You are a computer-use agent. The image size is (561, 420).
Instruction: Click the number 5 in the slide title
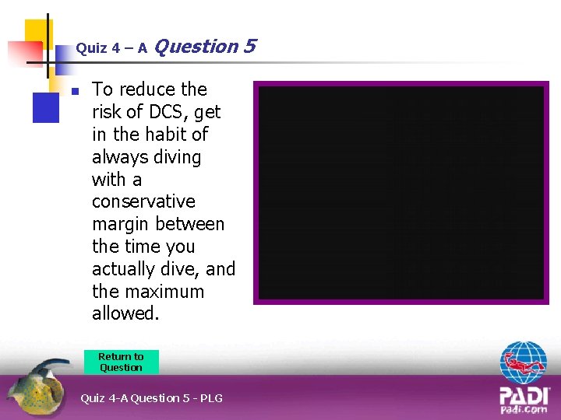click(x=249, y=47)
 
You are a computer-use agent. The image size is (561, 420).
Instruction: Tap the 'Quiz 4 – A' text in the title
click(x=111, y=48)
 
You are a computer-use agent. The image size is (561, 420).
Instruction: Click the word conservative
click(x=143, y=201)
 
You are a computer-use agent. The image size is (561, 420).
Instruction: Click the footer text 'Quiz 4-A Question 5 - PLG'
click(x=151, y=398)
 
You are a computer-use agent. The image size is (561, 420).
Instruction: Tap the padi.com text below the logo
click(x=524, y=409)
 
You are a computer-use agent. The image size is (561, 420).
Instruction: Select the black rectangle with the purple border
click(x=401, y=193)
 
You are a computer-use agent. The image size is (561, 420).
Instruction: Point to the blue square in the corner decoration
click(x=45, y=107)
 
